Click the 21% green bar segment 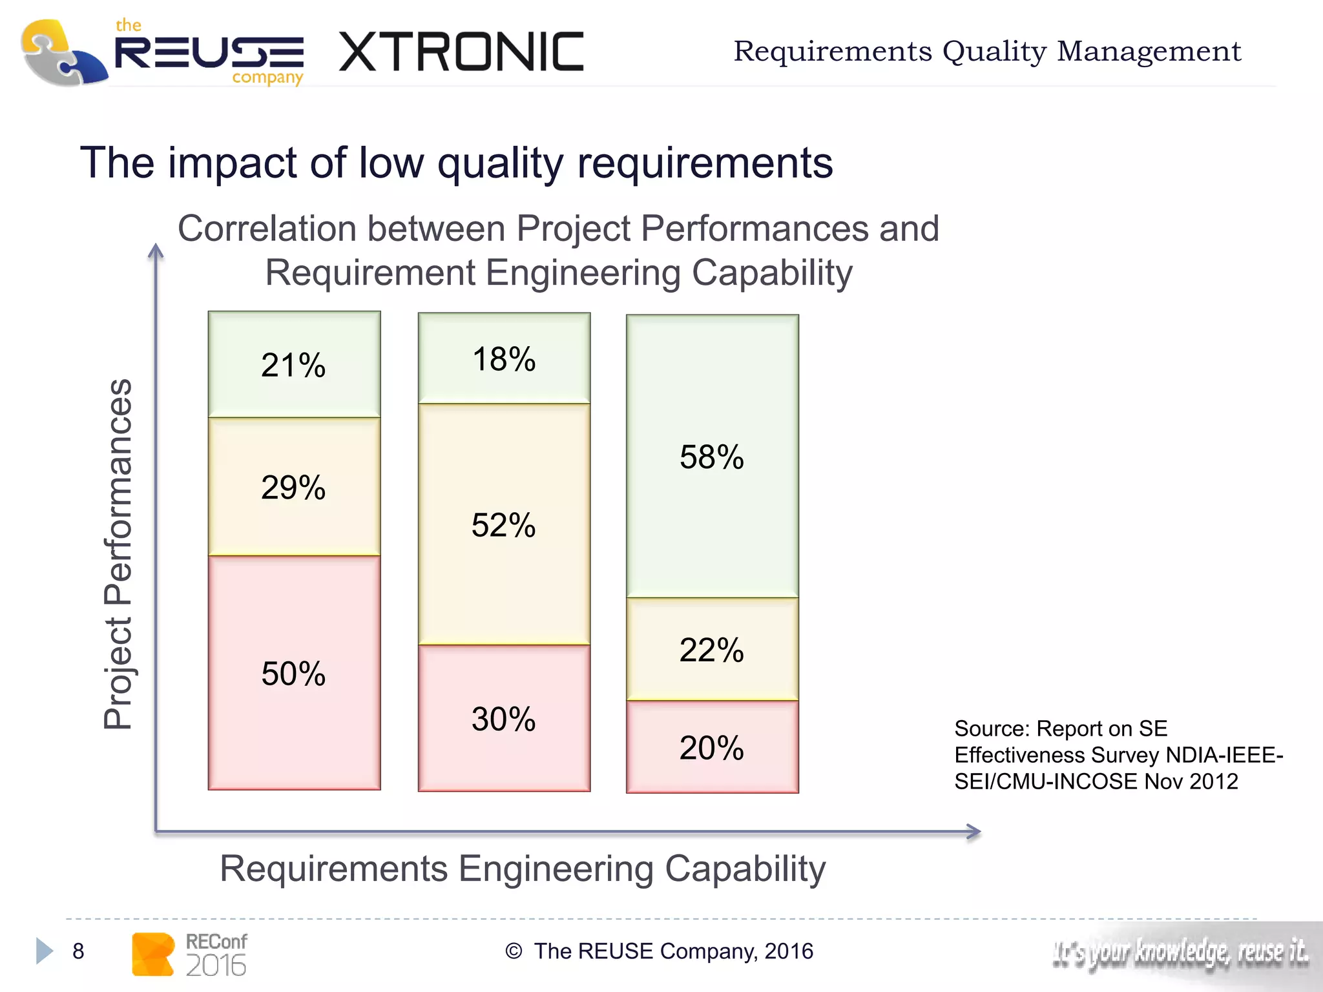pyautogui.click(x=294, y=365)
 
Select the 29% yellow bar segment pyautogui.click(x=294, y=486)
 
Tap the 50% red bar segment pyautogui.click(x=294, y=673)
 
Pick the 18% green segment pyautogui.click(x=504, y=359)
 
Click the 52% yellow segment pyautogui.click(x=504, y=524)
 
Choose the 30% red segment pyautogui.click(x=504, y=718)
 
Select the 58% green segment pyautogui.click(x=712, y=457)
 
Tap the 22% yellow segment pyautogui.click(x=712, y=649)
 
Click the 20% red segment pyautogui.click(x=712, y=747)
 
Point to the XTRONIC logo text pyautogui.click(x=461, y=52)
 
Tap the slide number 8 pyautogui.click(x=78, y=951)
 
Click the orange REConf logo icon pyautogui.click(x=152, y=954)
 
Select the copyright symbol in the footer pyautogui.click(x=514, y=951)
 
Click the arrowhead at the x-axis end pyautogui.click(x=974, y=831)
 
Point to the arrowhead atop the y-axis pyautogui.click(x=156, y=251)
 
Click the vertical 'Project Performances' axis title pyautogui.click(x=118, y=553)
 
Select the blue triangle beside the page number pyautogui.click(x=44, y=951)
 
